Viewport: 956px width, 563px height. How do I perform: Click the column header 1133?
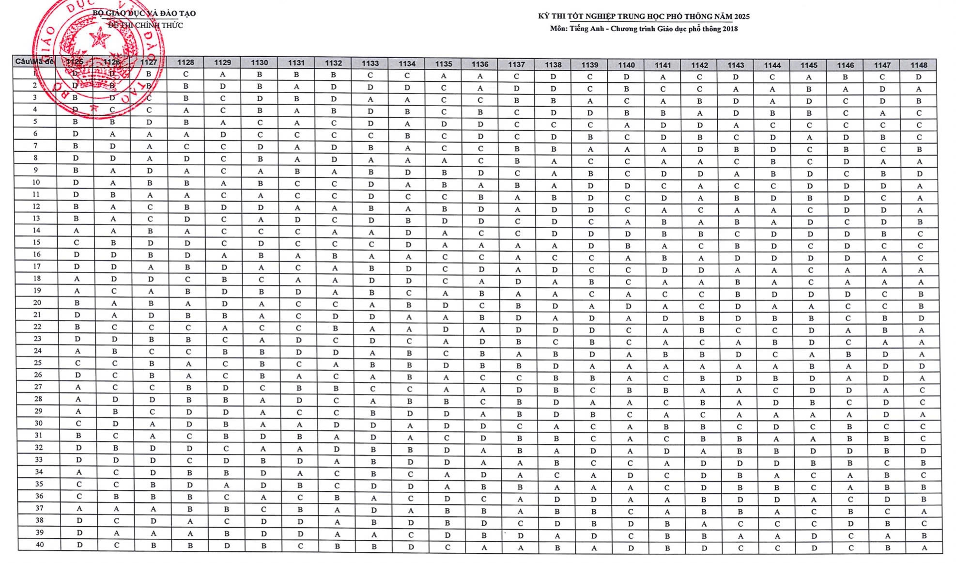click(370, 63)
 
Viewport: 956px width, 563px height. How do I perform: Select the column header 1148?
click(918, 65)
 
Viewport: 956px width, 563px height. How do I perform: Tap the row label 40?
click(40, 545)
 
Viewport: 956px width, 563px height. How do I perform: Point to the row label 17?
click(37, 266)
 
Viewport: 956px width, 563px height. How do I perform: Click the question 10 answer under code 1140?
click(627, 186)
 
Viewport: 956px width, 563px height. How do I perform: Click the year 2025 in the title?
click(741, 16)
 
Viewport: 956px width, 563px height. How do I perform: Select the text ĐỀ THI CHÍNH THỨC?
click(145, 25)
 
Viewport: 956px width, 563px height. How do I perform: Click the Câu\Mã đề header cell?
click(34, 62)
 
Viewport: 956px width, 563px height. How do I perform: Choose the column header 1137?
click(516, 64)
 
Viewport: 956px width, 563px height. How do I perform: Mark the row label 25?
click(38, 362)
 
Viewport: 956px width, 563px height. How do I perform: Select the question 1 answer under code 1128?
click(185, 74)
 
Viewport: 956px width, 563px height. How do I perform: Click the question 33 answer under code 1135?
click(447, 462)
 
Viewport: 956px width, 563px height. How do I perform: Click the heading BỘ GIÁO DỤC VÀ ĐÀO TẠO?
click(144, 14)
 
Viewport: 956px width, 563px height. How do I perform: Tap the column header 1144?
click(772, 65)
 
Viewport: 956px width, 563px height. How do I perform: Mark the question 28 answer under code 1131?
click(299, 400)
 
